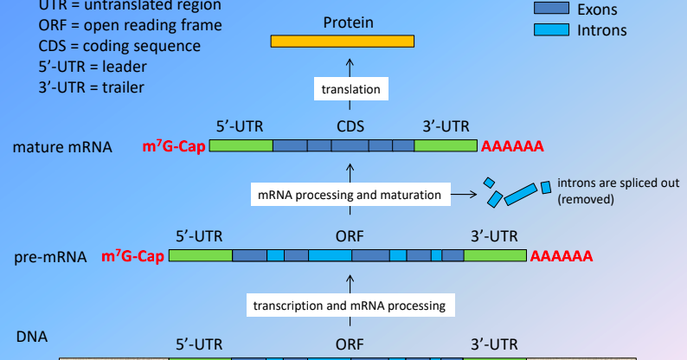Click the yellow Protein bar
tap(342, 41)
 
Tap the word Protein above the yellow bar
tap(349, 22)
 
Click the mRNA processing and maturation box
tap(350, 196)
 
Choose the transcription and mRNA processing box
tap(349, 305)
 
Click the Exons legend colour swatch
tap(549, 10)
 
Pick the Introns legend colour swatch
tap(549, 30)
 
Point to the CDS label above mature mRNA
tap(350, 126)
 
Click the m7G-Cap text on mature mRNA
tap(174, 147)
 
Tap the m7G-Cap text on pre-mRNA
tap(133, 256)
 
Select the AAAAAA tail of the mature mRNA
tap(512, 147)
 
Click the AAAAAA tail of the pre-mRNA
tap(561, 256)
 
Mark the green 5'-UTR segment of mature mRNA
tap(241, 147)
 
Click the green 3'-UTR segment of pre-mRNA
tap(495, 256)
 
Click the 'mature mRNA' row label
tap(62, 147)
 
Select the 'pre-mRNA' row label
tap(51, 257)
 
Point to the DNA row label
tap(32, 335)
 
